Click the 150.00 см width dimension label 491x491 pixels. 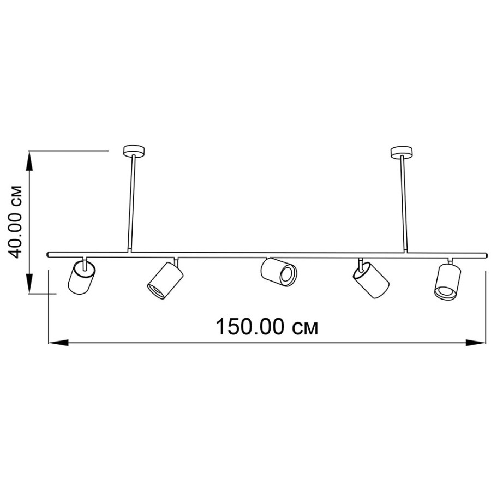pos(267,326)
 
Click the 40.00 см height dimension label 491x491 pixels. pos(15,221)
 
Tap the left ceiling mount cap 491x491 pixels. pos(134,151)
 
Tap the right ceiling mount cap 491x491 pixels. pos(402,152)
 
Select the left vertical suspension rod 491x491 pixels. pos(131,203)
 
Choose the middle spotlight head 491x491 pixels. pos(278,272)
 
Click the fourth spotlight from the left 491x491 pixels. pos(371,280)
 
